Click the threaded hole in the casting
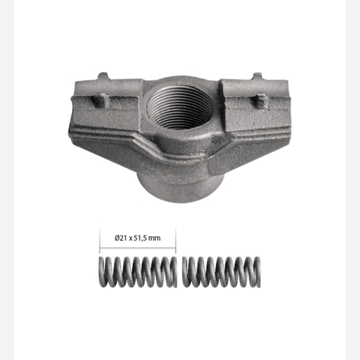pos(180,107)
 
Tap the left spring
pos(138,272)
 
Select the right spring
pos(221,272)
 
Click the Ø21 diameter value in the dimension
pos(121,238)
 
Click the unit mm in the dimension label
pos(154,239)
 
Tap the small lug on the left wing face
pos(100,100)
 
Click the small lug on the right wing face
pos(261,101)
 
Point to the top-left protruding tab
pos(103,76)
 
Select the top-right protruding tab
pos(258,76)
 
